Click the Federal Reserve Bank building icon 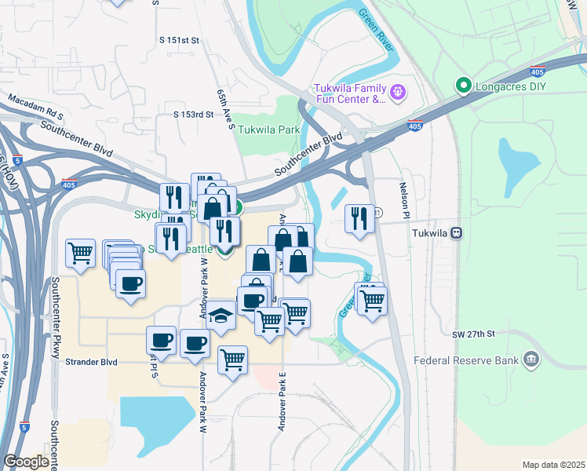pyautogui.click(x=532, y=360)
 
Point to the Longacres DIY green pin pyautogui.click(x=463, y=85)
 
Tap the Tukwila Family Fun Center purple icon pyautogui.click(x=398, y=93)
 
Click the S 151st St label pyautogui.click(x=179, y=39)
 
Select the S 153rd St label pyautogui.click(x=194, y=114)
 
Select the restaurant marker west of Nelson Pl pyautogui.click(x=359, y=218)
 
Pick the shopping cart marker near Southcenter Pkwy pyautogui.click(x=80, y=253)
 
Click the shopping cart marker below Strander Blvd pyautogui.click(x=232, y=360)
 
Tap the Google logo pyautogui.click(x=26, y=462)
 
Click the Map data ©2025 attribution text pyautogui.click(x=553, y=465)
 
